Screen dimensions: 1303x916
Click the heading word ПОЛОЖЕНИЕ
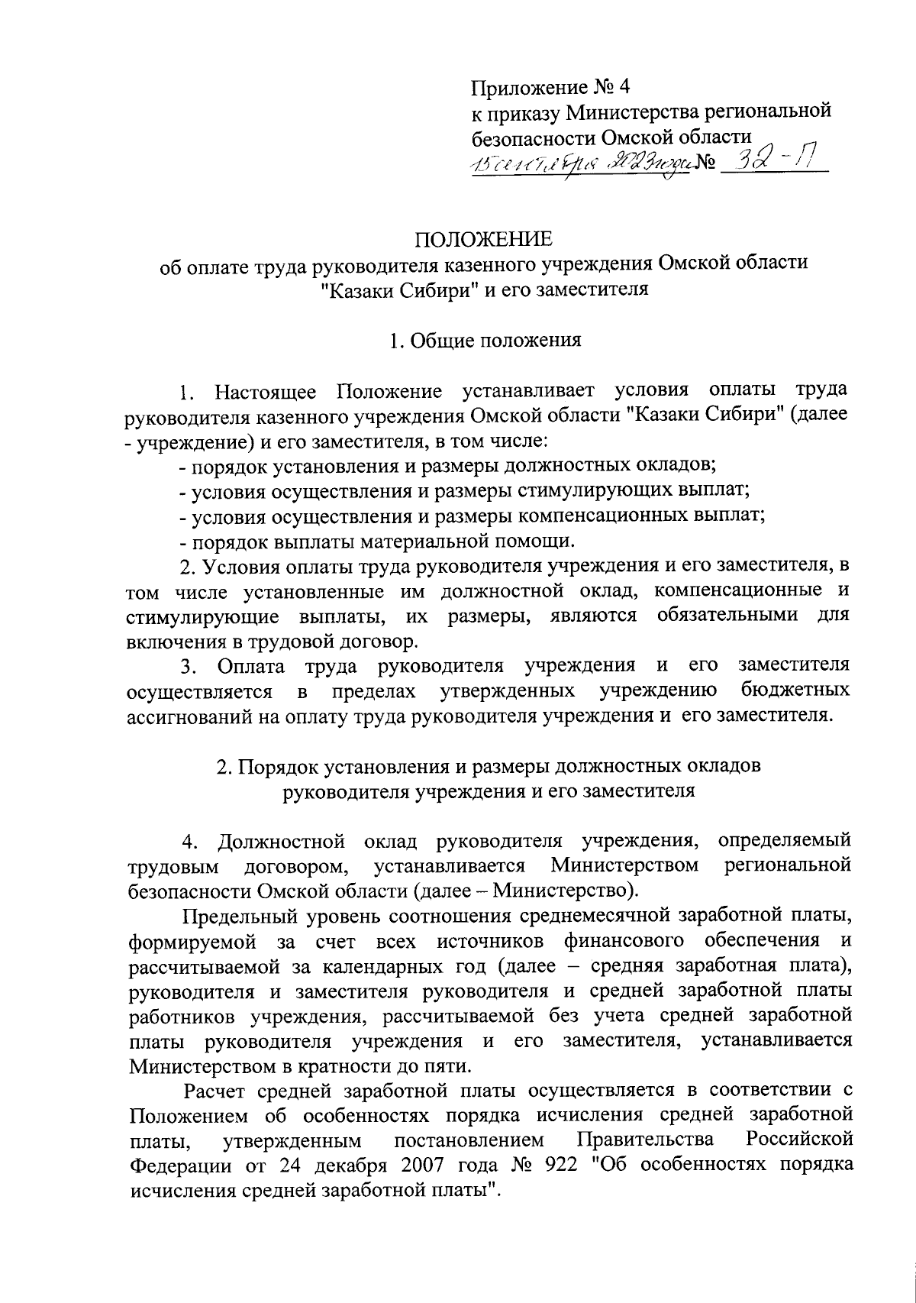pos(482,240)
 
